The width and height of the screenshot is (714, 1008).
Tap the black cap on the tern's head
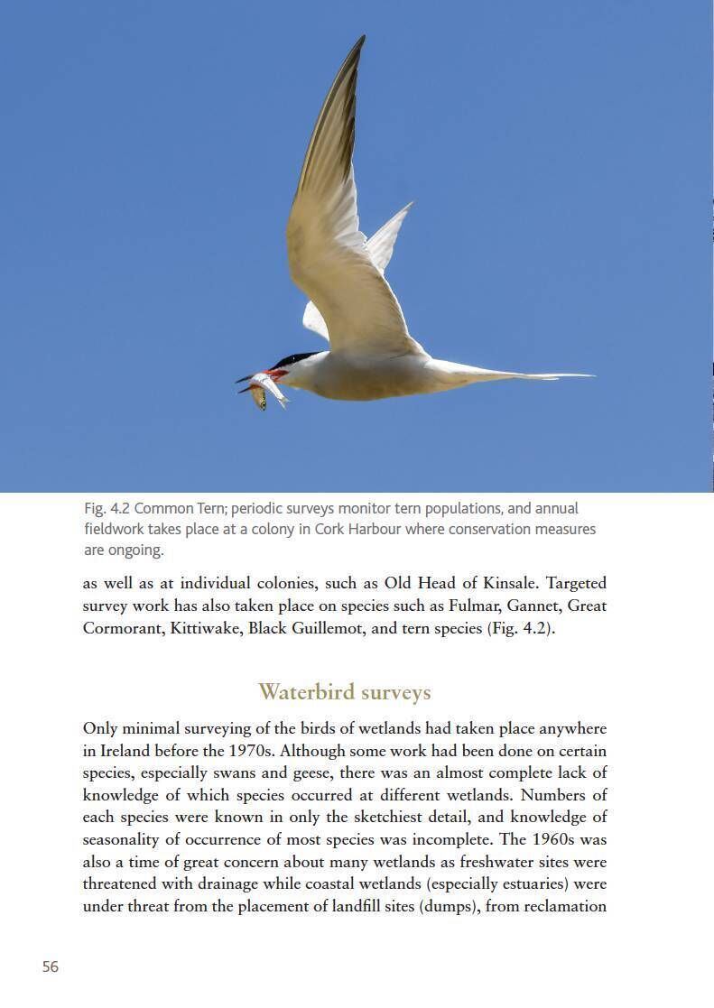294,359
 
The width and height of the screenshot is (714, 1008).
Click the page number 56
51,966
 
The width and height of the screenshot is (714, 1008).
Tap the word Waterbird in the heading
304,692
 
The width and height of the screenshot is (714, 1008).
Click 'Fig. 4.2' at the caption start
107,508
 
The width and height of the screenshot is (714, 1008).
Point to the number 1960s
560,839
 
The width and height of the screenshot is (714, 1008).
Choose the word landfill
328,906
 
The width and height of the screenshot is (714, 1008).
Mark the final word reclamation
563,906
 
